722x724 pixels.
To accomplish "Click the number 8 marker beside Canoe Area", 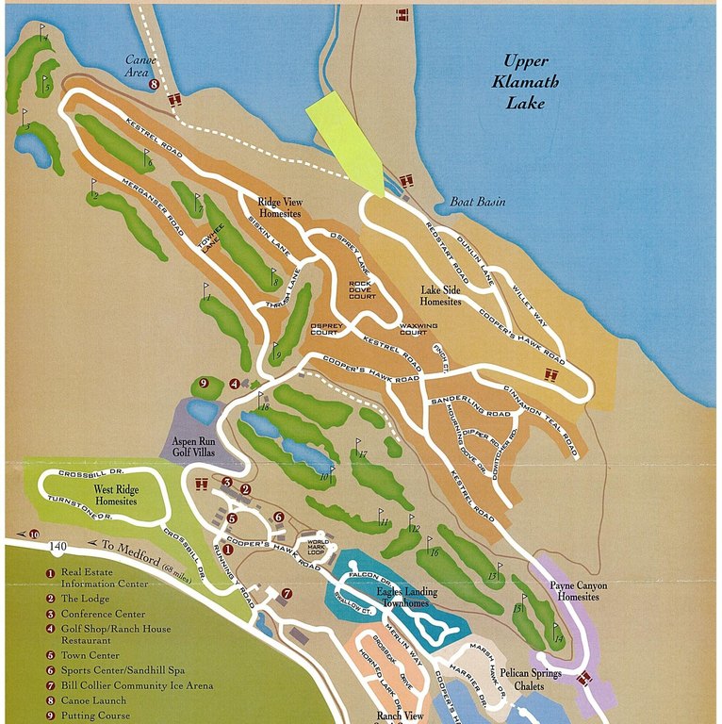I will (x=154, y=85).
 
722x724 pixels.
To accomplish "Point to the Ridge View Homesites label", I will (x=279, y=207).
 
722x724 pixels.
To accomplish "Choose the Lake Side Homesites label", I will (x=440, y=296).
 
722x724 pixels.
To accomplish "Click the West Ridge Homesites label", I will (x=115, y=495).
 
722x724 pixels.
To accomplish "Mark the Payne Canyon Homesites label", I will (x=579, y=591).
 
